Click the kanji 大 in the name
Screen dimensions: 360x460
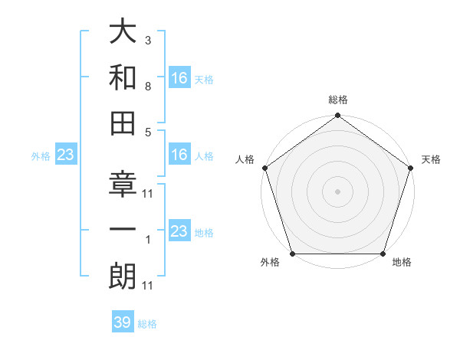click(123, 34)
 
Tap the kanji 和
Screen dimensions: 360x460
click(123, 78)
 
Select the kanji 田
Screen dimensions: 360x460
click(123, 123)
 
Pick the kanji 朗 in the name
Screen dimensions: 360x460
click(123, 277)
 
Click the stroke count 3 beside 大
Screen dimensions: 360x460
click(148, 39)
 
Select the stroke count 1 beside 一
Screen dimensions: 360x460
click(148, 241)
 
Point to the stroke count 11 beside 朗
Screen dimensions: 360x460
click(148, 286)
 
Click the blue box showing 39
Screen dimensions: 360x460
click(123, 322)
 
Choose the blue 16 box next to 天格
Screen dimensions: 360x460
click(179, 78)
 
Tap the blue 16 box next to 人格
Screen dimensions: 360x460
click(179, 155)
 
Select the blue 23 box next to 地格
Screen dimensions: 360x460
click(179, 231)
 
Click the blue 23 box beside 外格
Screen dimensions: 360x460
click(66, 155)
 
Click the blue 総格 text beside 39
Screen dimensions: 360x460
click(147, 324)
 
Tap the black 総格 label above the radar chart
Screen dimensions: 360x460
click(337, 100)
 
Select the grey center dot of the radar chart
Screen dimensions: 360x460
click(337, 191)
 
